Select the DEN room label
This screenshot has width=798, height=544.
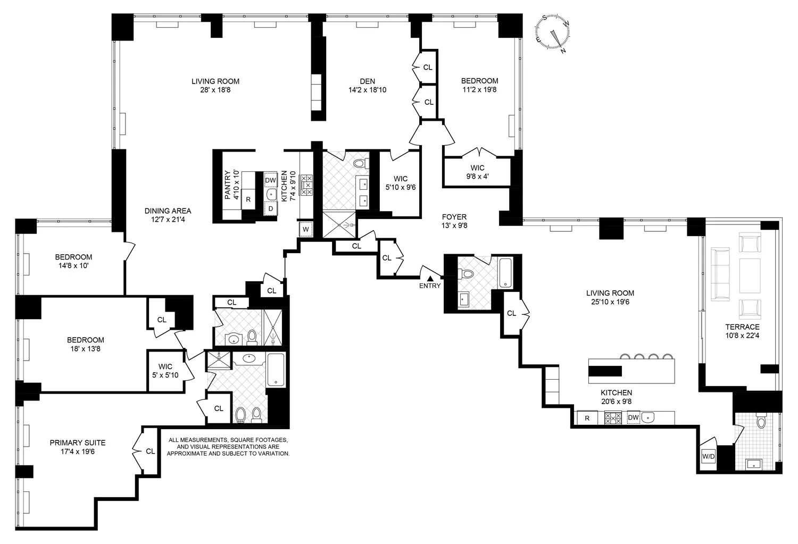pyautogui.click(x=367, y=81)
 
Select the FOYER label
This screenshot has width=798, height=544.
pyautogui.click(x=454, y=217)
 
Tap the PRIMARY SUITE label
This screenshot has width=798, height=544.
pyautogui.click(x=77, y=442)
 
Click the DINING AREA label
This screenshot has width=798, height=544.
pyautogui.click(x=168, y=211)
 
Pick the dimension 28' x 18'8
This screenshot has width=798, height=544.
pyautogui.click(x=215, y=90)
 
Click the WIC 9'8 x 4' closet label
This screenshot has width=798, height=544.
pyautogui.click(x=477, y=172)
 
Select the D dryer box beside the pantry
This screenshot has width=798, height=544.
pyautogui.click(x=270, y=208)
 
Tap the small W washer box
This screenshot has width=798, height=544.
pyautogui.click(x=306, y=229)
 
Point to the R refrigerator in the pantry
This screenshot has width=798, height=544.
pyautogui.click(x=248, y=200)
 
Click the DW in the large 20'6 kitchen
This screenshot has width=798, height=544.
pyautogui.click(x=633, y=418)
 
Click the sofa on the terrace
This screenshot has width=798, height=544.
pyautogui.click(x=721, y=274)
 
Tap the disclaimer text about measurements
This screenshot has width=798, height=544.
pyautogui.click(x=228, y=447)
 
